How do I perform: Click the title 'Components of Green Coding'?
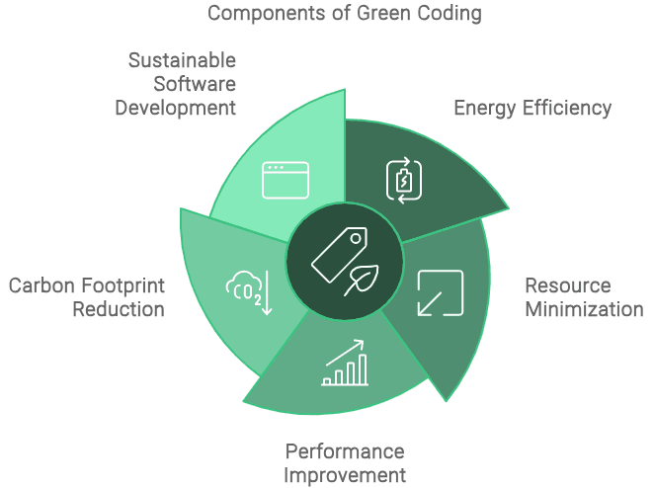[345, 14]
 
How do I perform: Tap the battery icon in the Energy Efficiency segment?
[404, 181]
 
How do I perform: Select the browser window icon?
[286, 180]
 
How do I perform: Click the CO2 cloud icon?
[244, 288]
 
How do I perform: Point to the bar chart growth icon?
[345, 363]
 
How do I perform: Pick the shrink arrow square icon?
[441, 292]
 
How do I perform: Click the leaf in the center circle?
[362, 280]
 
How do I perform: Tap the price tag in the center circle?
[339, 255]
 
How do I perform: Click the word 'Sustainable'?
[182, 60]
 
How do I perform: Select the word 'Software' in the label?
[195, 84]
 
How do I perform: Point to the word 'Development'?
[176, 108]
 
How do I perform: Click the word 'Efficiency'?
[567, 108]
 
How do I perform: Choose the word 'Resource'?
[568, 285]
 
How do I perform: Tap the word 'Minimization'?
[584, 309]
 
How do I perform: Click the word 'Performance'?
[345, 451]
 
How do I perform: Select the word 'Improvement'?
[345, 475]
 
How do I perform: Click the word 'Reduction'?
[119, 309]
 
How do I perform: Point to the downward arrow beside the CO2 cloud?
[267, 292]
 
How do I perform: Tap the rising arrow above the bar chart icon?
[345, 353]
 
